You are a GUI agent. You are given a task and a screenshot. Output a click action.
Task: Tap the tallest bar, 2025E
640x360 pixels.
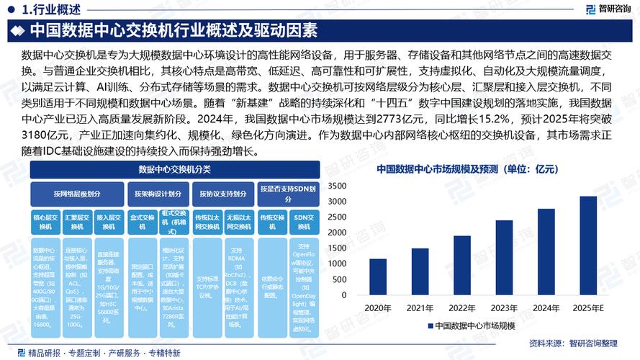[x=588, y=248]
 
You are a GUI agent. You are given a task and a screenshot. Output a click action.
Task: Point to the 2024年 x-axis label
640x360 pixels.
[x=546, y=308]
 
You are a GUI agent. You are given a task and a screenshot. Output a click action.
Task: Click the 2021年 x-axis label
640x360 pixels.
[x=420, y=308]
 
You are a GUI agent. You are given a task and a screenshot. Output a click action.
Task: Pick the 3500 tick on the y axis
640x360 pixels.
[x=337, y=186]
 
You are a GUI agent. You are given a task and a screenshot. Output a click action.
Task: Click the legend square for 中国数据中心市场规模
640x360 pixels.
[x=431, y=326]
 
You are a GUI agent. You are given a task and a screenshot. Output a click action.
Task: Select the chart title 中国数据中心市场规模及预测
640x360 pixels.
[x=467, y=170]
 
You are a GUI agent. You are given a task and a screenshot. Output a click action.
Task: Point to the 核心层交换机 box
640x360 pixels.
[x=44, y=222]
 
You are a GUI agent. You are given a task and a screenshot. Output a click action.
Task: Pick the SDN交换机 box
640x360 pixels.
[x=306, y=222]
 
